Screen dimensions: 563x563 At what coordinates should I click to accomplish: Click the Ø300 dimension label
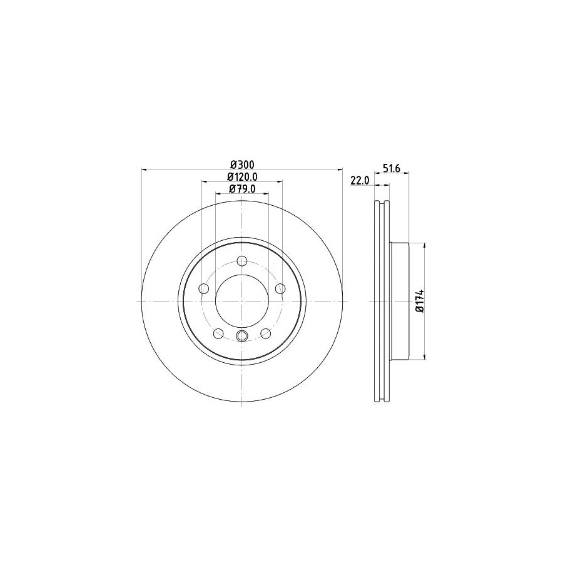click(241, 165)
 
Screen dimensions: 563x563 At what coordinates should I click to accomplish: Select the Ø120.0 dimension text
click(241, 177)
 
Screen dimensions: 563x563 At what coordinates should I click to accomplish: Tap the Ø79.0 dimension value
click(241, 189)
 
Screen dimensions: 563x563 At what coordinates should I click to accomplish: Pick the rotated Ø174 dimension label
click(420, 301)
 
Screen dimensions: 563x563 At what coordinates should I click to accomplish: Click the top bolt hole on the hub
click(242, 262)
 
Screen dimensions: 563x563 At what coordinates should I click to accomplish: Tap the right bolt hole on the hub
click(280, 288)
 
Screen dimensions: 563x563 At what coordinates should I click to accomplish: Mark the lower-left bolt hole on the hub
click(218, 333)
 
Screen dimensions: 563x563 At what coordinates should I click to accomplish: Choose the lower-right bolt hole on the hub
click(265, 333)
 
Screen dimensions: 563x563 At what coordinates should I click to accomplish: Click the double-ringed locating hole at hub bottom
click(242, 338)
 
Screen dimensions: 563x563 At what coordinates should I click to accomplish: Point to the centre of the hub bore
click(242, 301)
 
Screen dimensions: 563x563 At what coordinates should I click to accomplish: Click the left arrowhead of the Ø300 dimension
click(145, 169)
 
